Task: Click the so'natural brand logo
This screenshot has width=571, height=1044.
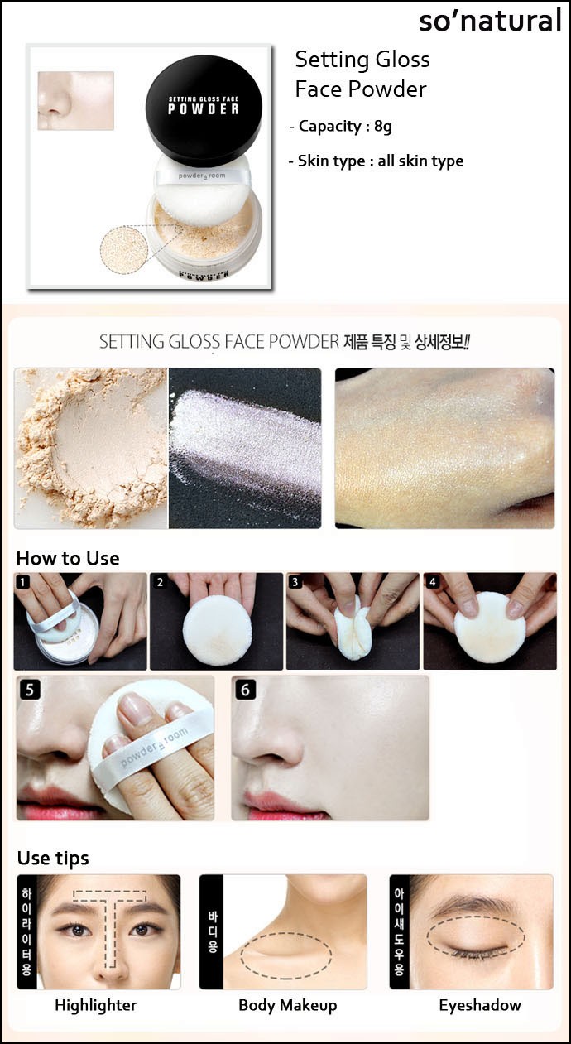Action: tap(490, 22)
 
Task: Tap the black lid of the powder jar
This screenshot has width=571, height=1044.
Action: tap(204, 110)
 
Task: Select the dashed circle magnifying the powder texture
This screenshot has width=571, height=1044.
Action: tap(124, 249)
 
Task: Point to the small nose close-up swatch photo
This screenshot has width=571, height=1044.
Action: tap(76, 100)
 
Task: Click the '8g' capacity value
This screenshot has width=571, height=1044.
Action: tap(383, 127)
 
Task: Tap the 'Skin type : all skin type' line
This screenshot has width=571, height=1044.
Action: tap(377, 161)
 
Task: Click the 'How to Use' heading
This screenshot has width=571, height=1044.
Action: tap(68, 558)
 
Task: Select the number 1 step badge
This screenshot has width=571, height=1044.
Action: tap(23, 582)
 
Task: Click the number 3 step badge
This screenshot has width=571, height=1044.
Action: tap(295, 582)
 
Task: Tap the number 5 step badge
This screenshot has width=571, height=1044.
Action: tap(29, 690)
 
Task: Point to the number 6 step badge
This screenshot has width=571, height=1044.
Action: tap(246, 690)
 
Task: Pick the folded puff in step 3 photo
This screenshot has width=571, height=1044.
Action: tap(353, 628)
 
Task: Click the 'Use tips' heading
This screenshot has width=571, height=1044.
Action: tap(53, 859)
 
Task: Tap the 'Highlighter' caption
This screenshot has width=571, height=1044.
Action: tap(95, 1006)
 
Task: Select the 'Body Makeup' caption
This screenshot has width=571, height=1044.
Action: tap(288, 1006)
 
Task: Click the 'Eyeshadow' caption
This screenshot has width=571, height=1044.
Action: tap(480, 1006)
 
